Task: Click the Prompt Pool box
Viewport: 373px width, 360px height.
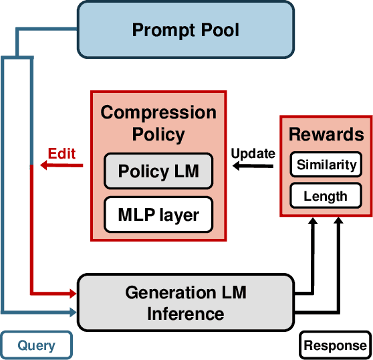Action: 185,29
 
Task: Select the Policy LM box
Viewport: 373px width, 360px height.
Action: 158,171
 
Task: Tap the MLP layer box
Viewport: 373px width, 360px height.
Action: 158,215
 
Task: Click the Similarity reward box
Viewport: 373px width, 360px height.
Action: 327,165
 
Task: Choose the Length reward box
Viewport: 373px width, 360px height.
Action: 326,195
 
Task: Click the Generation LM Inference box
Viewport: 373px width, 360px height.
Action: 186,302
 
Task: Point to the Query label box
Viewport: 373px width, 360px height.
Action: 36,345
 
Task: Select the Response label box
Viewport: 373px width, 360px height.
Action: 336,345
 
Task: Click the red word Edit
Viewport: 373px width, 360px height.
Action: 61,153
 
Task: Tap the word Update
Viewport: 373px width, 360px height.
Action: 253,153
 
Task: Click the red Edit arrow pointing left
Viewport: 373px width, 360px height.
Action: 60,166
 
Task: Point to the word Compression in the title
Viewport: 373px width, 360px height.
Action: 158,112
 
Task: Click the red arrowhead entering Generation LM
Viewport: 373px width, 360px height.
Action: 72,293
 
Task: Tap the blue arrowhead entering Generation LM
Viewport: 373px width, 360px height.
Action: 72,311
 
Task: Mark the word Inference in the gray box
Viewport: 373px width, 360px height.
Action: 186,313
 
